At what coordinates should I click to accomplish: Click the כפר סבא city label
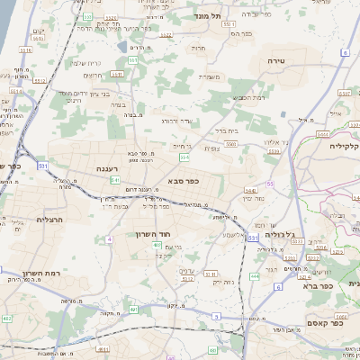tap(184, 181)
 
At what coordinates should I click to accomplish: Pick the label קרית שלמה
tap(82, 62)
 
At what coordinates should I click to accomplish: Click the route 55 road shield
tap(269, 184)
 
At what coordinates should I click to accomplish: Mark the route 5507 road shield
tap(346, 92)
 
